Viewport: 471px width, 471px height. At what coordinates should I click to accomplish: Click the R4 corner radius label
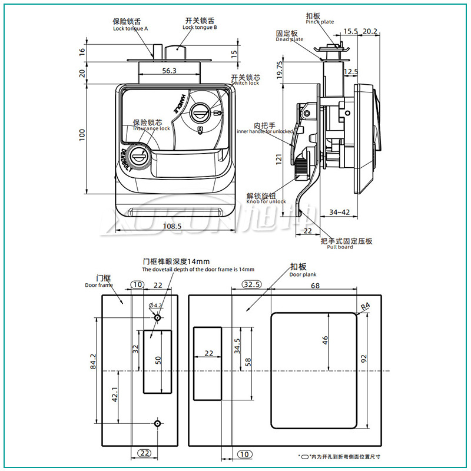pos(365,306)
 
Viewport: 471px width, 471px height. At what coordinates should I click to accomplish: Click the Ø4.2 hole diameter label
pos(156,305)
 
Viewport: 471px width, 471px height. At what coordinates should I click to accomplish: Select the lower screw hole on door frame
pos(157,423)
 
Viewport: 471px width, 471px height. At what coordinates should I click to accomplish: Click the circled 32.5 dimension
pos(251,285)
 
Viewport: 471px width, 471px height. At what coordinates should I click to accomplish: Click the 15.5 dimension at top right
pos(350,31)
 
